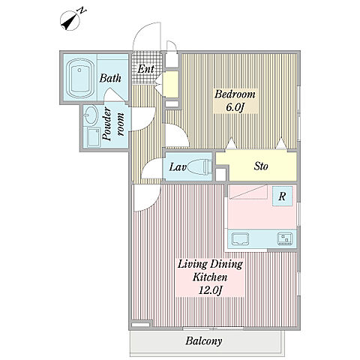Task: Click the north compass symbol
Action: [71, 20]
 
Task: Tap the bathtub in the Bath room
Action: [79, 78]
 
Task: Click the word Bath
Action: [110, 78]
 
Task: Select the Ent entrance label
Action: [145, 69]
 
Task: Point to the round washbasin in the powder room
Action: [91, 115]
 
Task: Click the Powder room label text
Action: [113, 124]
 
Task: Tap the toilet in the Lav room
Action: [199, 166]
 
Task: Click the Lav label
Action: [178, 167]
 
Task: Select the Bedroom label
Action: [235, 94]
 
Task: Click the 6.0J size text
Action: [235, 107]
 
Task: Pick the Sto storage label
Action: [261, 166]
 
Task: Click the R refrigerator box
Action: [282, 196]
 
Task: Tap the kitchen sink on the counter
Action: [240, 238]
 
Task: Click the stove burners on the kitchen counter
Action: [284, 238]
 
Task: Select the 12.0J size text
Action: [210, 290]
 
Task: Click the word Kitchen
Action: [210, 277]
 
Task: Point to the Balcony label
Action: [204, 341]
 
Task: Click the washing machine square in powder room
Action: [92, 137]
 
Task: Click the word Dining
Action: [226, 265]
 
